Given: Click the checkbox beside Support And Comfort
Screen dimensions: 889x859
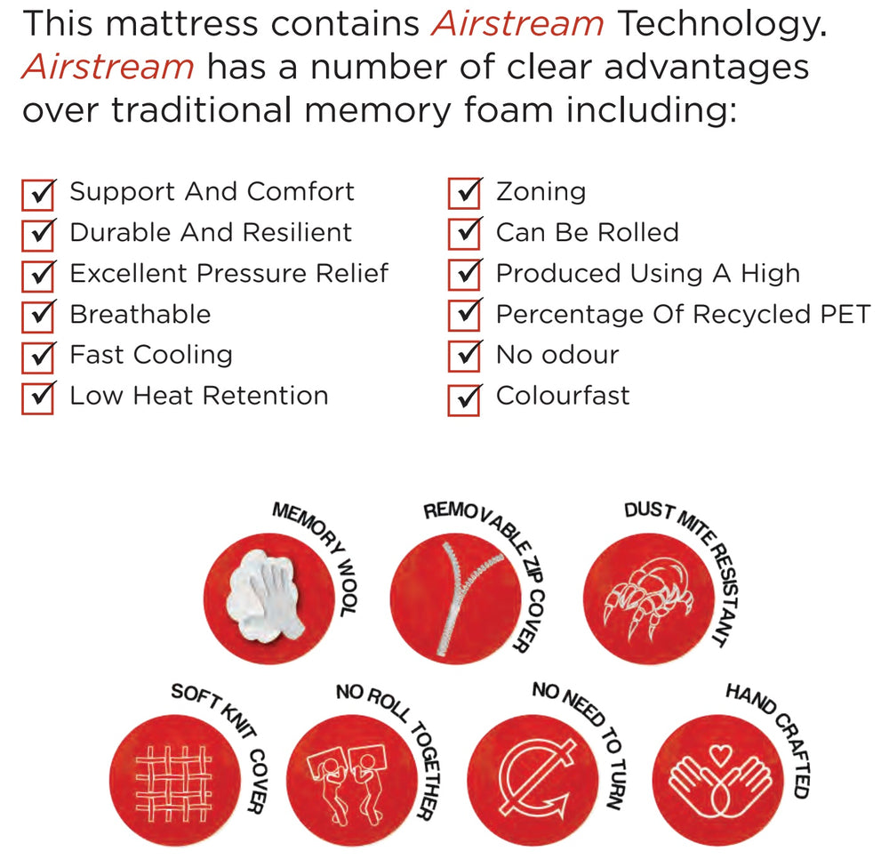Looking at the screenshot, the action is tap(38, 195).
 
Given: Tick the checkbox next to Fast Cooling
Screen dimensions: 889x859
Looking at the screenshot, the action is tap(38, 357).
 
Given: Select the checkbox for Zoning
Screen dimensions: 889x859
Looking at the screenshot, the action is tap(464, 193).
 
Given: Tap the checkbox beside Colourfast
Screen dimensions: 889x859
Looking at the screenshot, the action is tap(464, 400).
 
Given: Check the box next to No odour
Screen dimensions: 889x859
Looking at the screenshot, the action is tap(464, 356).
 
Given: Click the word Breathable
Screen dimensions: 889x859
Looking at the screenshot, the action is tap(140, 314).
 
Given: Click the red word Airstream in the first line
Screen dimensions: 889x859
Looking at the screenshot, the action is tap(517, 24).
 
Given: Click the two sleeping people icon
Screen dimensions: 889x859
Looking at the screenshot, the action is tap(347, 782).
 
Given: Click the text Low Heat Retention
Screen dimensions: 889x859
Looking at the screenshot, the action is tap(199, 395).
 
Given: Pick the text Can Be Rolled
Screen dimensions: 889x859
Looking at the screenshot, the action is tap(588, 232).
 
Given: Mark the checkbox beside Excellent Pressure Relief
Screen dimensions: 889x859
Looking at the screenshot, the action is tap(38, 277).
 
